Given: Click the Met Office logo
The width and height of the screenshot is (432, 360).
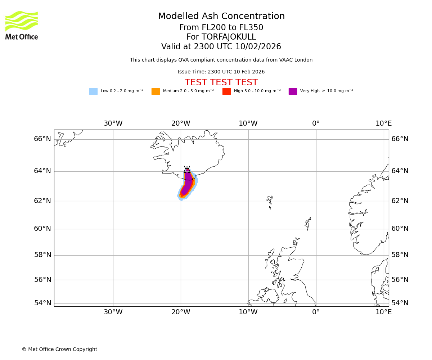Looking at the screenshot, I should coord(22,25).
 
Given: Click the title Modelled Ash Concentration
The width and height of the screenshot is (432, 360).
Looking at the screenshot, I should coord(221,17).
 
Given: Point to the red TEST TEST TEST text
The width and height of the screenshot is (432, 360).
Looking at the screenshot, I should coord(221,82).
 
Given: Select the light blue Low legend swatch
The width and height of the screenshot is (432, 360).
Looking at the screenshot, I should coord(93,91).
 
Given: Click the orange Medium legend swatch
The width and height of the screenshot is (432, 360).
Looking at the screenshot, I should coord(156,91).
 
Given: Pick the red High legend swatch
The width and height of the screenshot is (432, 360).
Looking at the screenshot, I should coord(226,91).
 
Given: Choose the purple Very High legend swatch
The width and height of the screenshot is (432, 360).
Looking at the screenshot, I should coord(293,91).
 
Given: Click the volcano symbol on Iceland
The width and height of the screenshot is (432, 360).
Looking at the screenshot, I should coord(187,170).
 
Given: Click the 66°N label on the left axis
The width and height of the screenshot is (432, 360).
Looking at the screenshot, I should coord(42,139).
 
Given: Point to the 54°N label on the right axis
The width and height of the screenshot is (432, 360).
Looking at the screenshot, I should coord(400,303).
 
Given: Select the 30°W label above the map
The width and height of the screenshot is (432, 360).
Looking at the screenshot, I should coord(113,123).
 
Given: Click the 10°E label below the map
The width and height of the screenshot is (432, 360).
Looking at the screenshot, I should coord(383,312).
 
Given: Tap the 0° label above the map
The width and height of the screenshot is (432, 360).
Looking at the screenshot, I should coord(316,123).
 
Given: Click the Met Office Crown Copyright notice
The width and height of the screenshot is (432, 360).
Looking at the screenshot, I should coord(59,350).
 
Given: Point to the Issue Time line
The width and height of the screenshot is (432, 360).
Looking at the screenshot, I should coord(221,72).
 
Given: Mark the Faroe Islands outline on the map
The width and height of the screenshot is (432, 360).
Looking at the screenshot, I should coord(270,201).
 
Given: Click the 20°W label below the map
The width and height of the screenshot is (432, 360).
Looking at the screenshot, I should coord(181,312).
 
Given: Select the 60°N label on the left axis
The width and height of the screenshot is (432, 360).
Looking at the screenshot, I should coord(42,229).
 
